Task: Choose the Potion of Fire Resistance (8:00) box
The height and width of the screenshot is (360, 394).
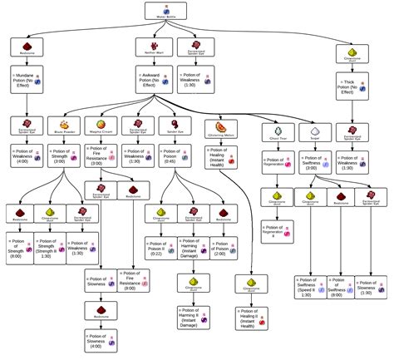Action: point(133,281)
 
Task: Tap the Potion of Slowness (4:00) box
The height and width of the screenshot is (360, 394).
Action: point(98,342)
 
